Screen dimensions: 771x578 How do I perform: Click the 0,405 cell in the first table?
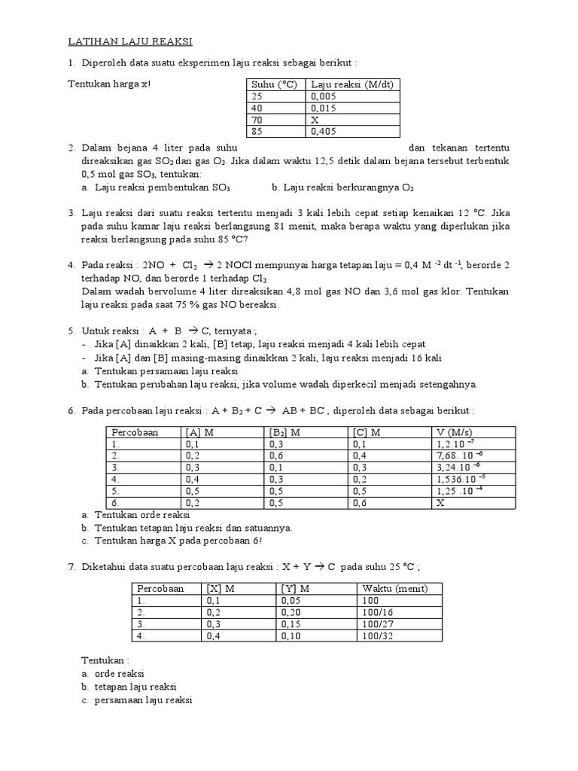point(323,131)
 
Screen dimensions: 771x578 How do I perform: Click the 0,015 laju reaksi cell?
point(323,108)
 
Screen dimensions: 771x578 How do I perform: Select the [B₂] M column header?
point(285,432)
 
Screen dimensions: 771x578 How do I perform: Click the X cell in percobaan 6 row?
point(440,502)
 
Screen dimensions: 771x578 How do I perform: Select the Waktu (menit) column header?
point(394,588)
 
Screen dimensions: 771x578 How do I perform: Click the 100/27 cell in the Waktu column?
point(377,624)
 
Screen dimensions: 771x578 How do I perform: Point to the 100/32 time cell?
point(377,636)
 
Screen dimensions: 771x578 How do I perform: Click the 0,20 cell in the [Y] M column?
point(290,612)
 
